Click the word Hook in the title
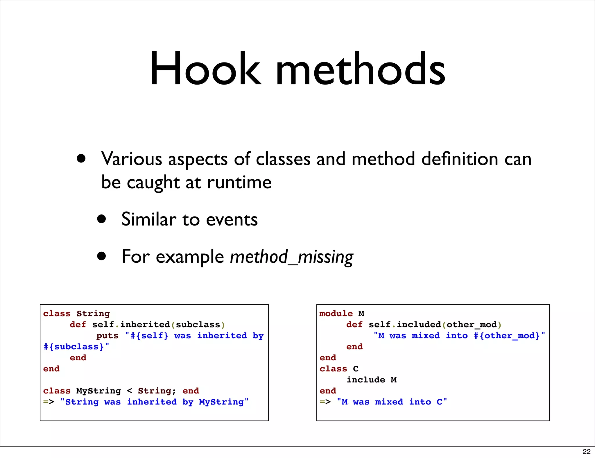(205, 69)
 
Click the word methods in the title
(360, 69)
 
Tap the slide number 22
(586, 451)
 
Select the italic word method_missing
(291, 257)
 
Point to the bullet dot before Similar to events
(101, 219)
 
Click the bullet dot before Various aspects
(81, 158)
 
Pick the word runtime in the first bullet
(239, 183)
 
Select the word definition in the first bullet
(460, 159)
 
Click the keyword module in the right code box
(336, 314)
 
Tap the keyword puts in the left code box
(107, 336)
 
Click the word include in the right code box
(366, 380)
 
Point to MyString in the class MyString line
(98, 391)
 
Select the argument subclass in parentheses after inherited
(198, 325)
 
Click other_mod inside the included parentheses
(472, 325)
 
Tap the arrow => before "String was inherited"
(49, 402)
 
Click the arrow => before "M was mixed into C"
(325, 402)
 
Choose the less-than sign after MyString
(129, 391)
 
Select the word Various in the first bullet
(132, 159)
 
